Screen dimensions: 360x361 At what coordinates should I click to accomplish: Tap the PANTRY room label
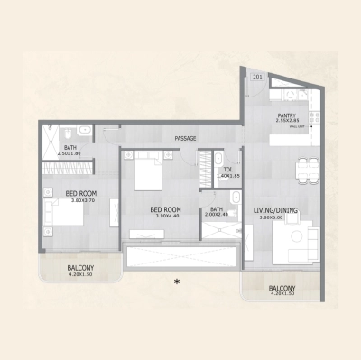[288, 115]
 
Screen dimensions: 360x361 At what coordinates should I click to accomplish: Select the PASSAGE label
[186, 138]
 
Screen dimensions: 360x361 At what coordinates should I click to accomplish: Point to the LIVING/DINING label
[276, 210]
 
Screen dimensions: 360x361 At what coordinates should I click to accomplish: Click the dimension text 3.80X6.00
[276, 217]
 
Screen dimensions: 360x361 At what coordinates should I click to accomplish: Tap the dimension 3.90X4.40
[167, 217]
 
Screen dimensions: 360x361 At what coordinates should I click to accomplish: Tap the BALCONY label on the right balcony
[281, 288]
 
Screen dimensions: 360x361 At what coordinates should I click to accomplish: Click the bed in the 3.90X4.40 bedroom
[147, 171]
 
